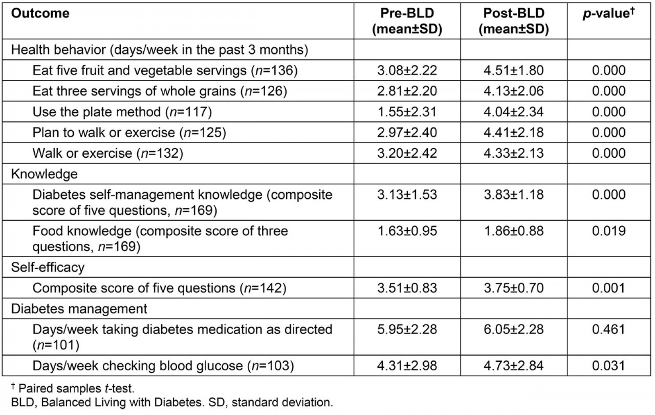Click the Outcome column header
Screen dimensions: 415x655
tap(40, 14)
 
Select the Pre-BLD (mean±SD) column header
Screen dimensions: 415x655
tap(407, 21)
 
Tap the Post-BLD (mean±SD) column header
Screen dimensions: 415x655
tap(513, 21)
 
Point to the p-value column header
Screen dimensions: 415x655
tap(608, 14)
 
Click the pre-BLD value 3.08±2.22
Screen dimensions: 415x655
tap(407, 70)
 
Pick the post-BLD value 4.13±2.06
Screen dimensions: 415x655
tap(513, 91)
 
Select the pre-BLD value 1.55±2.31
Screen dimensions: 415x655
tap(407, 112)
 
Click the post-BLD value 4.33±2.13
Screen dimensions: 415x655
tap(513, 153)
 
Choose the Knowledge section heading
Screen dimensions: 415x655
tap(44, 174)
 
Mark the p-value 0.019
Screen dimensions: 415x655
tap(608, 231)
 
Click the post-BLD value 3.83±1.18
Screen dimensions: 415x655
tap(513, 195)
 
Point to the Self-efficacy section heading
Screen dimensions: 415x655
tap(47, 268)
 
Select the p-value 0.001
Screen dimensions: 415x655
tap(608, 288)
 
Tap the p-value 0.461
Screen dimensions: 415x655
tap(608, 329)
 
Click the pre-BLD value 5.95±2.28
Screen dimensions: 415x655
tap(407, 329)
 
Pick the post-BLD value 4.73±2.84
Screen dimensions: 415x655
tap(513, 366)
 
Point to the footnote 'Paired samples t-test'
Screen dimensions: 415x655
tap(76, 388)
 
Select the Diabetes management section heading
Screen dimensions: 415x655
tap(79, 308)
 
